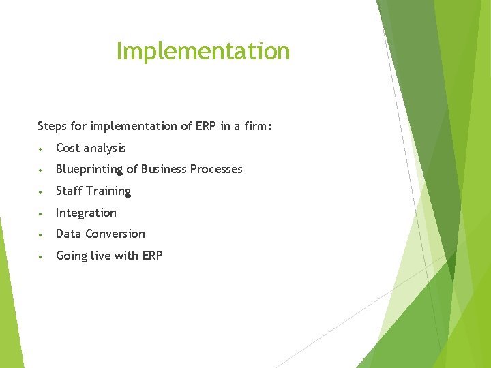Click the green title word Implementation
[x=203, y=51]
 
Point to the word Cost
[x=68, y=148]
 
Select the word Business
[x=164, y=169]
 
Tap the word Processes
[x=216, y=169]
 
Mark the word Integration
[x=86, y=213]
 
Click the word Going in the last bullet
[x=71, y=256]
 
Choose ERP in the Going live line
[x=151, y=256]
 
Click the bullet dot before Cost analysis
[x=42, y=149]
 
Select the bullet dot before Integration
[x=42, y=213]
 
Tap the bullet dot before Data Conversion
[x=42, y=234]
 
